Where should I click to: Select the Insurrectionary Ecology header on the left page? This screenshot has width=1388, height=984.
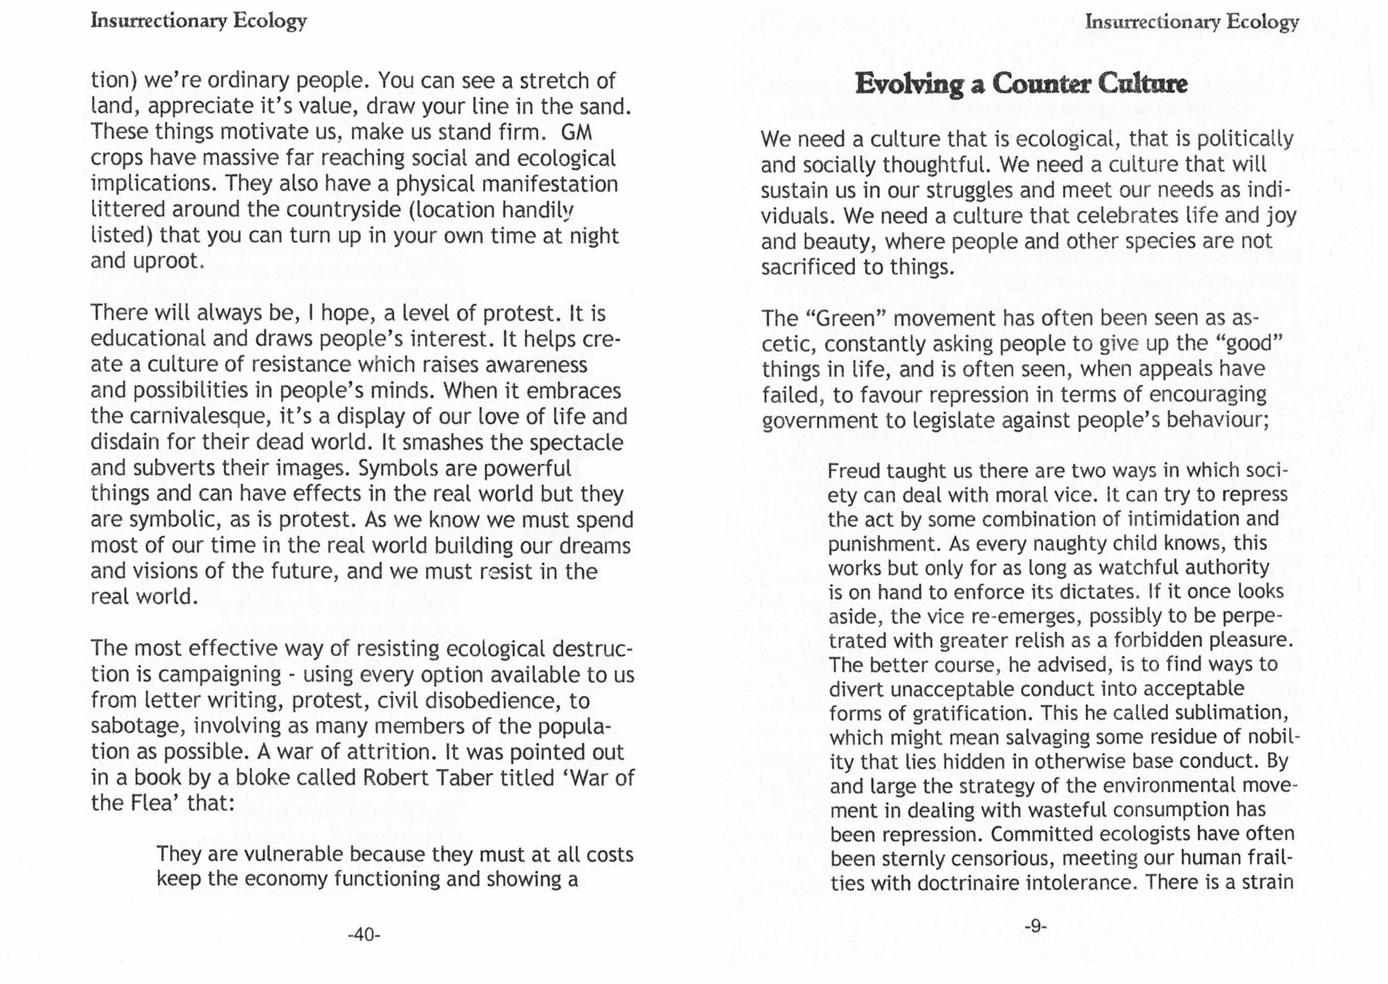[x=199, y=21]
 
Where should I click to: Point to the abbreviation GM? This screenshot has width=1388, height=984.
[x=576, y=131]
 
